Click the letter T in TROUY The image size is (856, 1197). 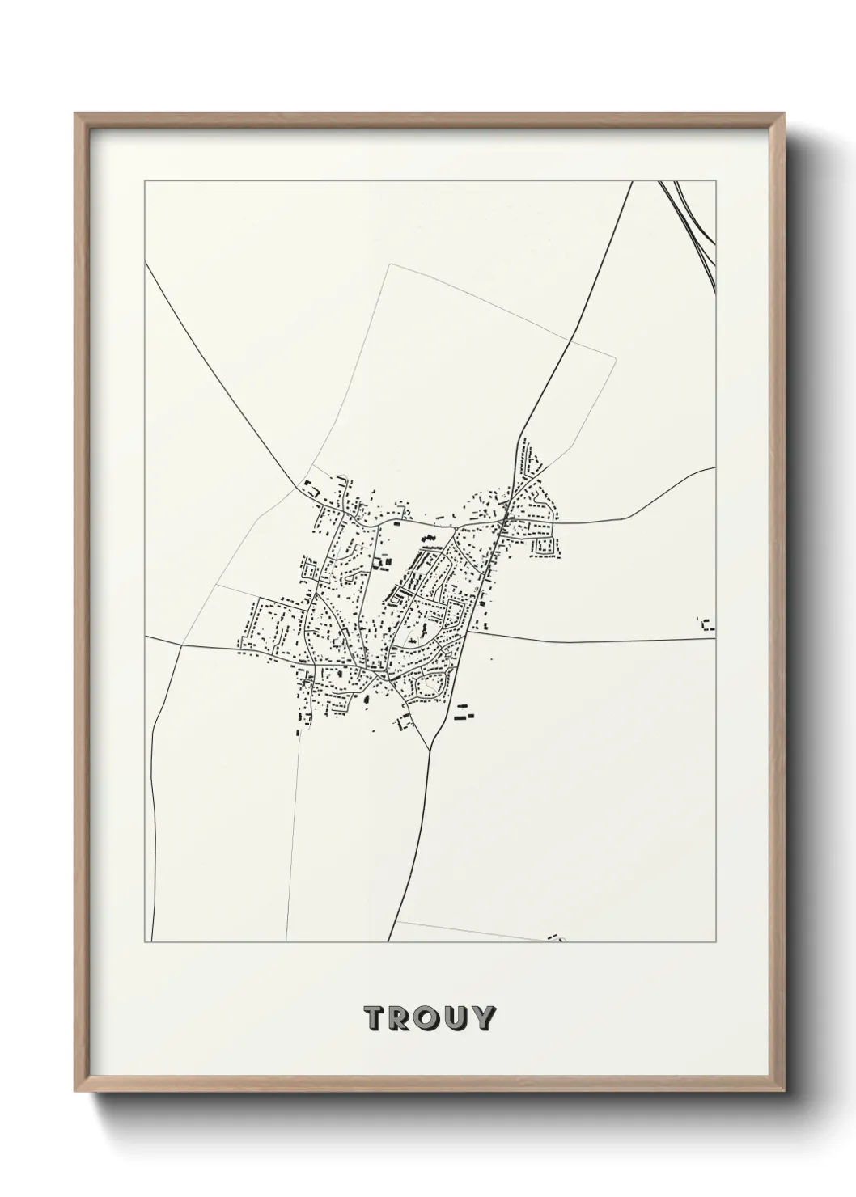[x=375, y=1018]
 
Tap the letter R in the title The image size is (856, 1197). [x=402, y=1018]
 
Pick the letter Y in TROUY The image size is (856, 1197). [x=483, y=1018]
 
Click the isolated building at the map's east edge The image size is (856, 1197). [x=708, y=624]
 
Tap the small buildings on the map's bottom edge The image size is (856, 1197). [x=555, y=938]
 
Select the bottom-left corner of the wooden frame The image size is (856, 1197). [x=77, y=1095]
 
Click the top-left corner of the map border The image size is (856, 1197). [x=145, y=181]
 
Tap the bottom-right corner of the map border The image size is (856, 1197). [x=716, y=942]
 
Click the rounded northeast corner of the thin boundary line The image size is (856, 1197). [x=615, y=357]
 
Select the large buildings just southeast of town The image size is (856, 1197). [x=463, y=713]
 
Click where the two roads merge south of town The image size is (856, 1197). [x=427, y=748]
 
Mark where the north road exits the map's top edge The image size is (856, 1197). [x=632, y=182]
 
